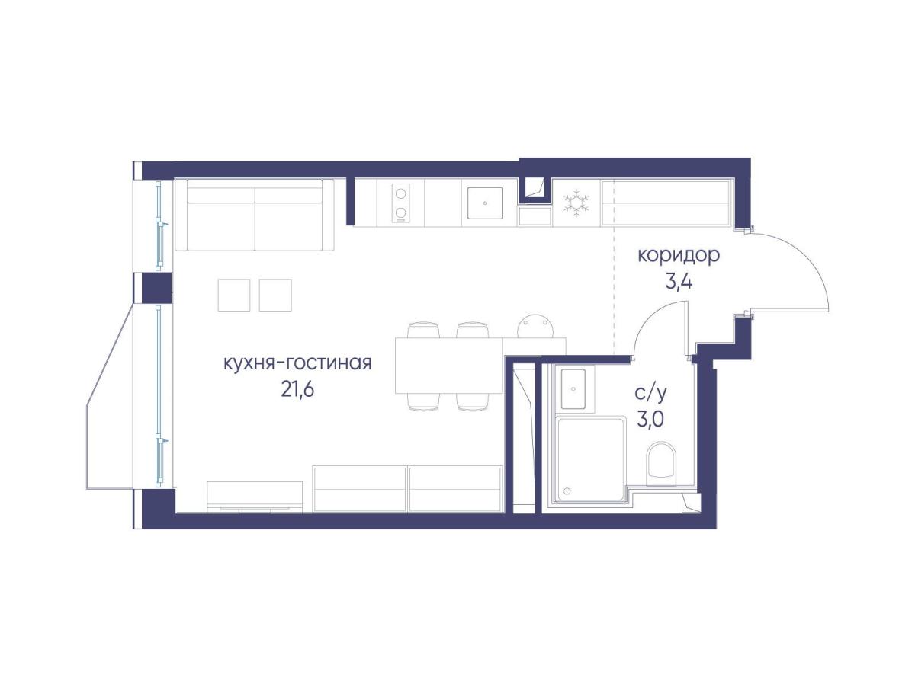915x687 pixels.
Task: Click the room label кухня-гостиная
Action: click(x=297, y=363)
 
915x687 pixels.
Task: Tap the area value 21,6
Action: click(x=297, y=390)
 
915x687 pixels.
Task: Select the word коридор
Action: click(x=679, y=256)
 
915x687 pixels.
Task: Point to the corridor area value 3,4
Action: click(x=679, y=283)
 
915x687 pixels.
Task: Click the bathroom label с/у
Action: click(x=650, y=393)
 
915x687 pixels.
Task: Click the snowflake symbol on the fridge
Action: click(x=576, y=203)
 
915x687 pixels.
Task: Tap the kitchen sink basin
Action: click(x=485, y=203)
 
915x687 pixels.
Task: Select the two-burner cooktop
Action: click(x=400, y=203)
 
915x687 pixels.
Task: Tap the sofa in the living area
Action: click(x=255, y=215)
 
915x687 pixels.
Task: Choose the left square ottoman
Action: click(x=234, y=296)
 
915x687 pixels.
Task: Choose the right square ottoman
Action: click(x=275, y=296)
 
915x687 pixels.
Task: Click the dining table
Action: click(x=449, y=366)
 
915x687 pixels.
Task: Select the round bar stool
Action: click(x=536, y=325)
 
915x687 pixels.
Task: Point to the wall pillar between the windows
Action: click(x=156, y=288)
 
